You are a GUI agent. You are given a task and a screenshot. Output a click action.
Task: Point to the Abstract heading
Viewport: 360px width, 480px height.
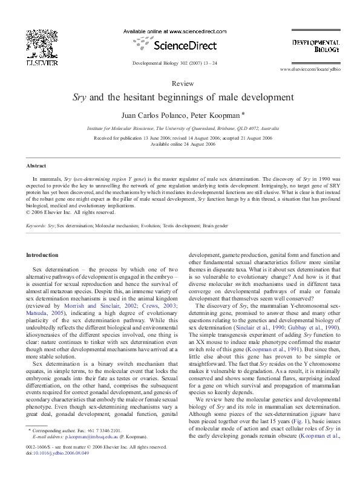tap(37, 166)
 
